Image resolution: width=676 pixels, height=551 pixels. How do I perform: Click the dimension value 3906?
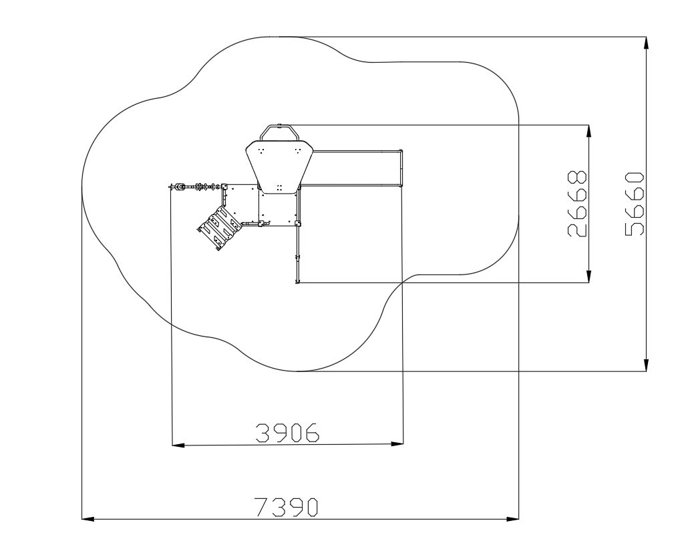(287, 433)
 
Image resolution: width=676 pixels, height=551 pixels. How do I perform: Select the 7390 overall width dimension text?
(286, 507)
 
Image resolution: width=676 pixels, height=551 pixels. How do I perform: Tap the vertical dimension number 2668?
(577, 204)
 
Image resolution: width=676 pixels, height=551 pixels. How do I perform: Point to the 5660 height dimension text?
(634, 204)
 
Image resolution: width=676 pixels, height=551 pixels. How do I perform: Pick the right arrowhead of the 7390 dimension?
(512, 519)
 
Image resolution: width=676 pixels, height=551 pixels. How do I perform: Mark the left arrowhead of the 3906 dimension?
(178, 445)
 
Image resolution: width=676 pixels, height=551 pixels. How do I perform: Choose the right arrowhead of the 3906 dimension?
(397, 443)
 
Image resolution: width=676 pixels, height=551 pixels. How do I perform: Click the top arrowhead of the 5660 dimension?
(646, 43)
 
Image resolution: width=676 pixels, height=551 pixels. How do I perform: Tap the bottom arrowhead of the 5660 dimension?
(646, 365)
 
